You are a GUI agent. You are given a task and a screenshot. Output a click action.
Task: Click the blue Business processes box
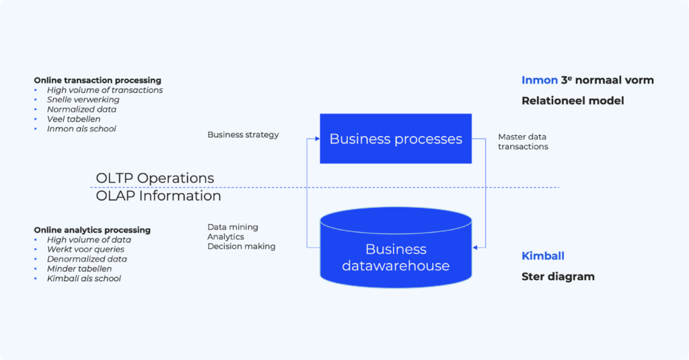pyautogui.click(x=396, y=139)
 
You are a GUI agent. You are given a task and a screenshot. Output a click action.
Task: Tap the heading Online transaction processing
pyautogui.click(x=98, y=80)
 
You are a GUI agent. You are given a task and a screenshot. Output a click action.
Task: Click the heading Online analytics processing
pyautogui.click(x=92, y=230)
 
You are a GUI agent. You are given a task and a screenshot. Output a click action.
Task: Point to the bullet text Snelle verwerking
pyautogui.click(x=83, y=100)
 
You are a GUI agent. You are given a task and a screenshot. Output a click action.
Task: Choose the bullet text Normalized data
pyautogui.click(x=81, y=109)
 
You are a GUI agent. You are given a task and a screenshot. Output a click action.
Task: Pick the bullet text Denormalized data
pyautogui.click(x=87, y=259)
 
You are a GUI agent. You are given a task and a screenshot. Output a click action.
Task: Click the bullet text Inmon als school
pyautogui.click(x=81, y=129)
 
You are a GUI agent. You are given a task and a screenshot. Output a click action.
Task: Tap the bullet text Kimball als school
pyautogui.click(x=84, y=279)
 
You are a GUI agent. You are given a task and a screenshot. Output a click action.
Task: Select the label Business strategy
pyautogui.click(x=243, y=135)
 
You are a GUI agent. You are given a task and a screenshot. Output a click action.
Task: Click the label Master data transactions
pyautogui.click(x=523, y=141)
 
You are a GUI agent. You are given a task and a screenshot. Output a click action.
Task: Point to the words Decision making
pyautogui.click(x=241, y=246)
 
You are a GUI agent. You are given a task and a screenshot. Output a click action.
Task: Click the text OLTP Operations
pyautogui.click(x=155, y=178)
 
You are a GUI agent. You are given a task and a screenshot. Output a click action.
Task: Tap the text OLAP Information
pyautogui.click(x=158, y=196)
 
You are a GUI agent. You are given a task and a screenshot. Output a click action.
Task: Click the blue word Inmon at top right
pyautogui.click(x=540, y=80)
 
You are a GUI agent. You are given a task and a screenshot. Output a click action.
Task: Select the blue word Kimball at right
pyautogui.click(x=543, y=256)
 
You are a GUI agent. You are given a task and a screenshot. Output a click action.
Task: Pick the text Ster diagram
pyautogui.click(x=558, y=277)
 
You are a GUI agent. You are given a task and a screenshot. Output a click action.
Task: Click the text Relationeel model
pyautogui.click(x=573, y=101)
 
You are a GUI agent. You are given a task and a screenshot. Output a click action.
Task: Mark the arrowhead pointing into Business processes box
pyautogui.click(x=317, y=139)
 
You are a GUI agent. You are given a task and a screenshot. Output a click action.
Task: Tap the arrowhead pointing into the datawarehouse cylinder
pyautogui.click(x=475, y=248)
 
